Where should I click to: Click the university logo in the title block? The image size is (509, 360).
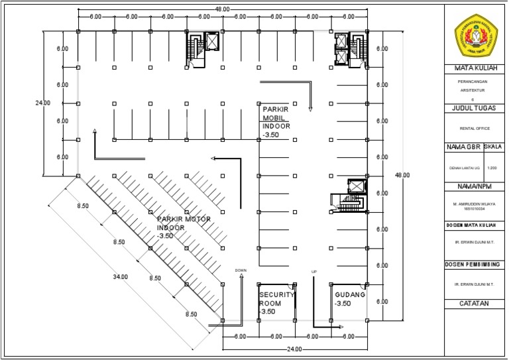[x=476, y=32]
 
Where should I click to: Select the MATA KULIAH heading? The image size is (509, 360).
[x=475, y=68]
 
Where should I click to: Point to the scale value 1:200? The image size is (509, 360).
[x=494, y=168]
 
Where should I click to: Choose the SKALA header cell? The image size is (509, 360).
[x=494, y=146]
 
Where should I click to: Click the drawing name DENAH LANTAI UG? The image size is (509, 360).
[x=464, y=168]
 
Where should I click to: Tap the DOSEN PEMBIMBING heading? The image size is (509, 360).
[x=475, y=265]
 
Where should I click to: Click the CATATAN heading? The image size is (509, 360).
[x=475, y=303]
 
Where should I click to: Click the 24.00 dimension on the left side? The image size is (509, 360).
[x=42, y=103]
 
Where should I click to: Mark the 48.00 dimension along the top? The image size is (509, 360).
[x=222, y=9]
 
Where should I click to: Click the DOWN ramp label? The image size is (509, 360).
[x=241, y=270]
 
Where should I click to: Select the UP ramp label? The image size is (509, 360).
[x=315, y=271]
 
